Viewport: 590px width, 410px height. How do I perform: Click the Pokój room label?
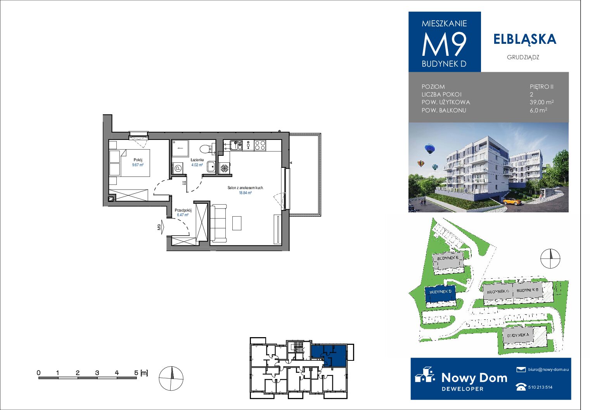(x=138, y=160)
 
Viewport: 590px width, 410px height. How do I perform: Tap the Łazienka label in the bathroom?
(x=197, y=160)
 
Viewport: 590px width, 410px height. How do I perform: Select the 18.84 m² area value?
(x=245, y=193)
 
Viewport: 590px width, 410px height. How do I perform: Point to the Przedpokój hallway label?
(x=183, y=210)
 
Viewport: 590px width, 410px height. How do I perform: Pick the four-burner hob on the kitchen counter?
(x=260, y=145)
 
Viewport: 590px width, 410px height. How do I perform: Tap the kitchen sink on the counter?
(x=236, y=145)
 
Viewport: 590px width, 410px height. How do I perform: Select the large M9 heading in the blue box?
(x=445, y=45)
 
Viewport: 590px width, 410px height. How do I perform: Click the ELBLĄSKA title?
(x=525, y=39)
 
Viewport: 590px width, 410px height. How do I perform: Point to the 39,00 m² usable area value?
(x=542, y=102)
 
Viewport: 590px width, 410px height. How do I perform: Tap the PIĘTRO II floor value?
(x=542, y=86)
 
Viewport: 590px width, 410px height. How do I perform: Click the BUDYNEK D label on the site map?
(x=440, y=291)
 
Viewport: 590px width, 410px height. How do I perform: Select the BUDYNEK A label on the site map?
(x=518, y=335)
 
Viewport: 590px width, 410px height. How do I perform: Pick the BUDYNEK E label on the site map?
(x=448, y=258)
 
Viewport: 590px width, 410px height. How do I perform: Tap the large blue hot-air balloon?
(x=429, y=149)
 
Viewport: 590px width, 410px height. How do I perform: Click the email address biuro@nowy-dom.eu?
(x=548, y=369)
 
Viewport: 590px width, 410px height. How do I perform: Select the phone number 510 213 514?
(x=540, y=387)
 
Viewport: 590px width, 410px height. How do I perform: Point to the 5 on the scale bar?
(x=136, y=373)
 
